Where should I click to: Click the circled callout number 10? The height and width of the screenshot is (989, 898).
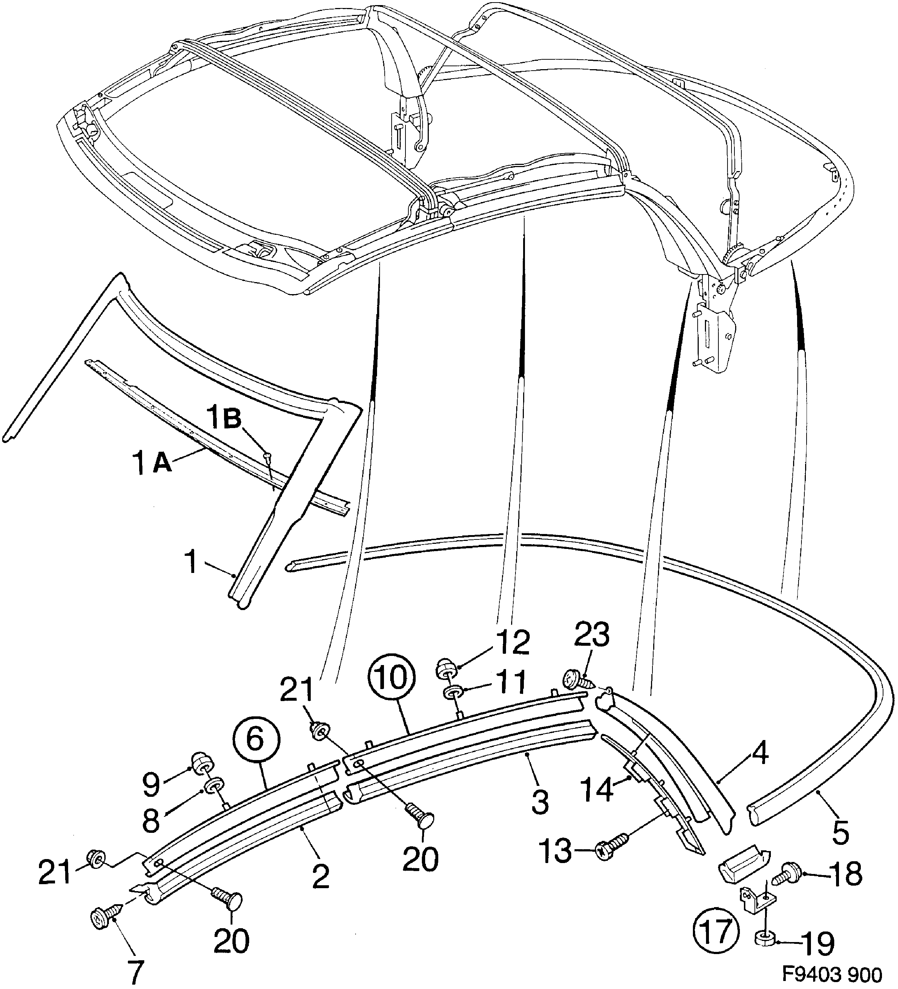[392, 677]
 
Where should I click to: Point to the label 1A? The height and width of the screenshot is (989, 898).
[152, 462]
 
